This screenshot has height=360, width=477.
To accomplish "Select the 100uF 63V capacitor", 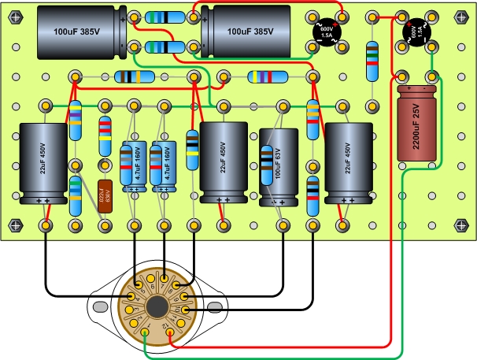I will pyautogui.click(x=275, y=167).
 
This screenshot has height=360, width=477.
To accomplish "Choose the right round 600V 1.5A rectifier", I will pyautogui.click(x=416, y=33).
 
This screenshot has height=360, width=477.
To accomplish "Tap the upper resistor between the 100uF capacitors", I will pyautogui.click(x=166, y=17).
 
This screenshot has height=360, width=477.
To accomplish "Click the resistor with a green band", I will pyautogui.click(x=76, y=195).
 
